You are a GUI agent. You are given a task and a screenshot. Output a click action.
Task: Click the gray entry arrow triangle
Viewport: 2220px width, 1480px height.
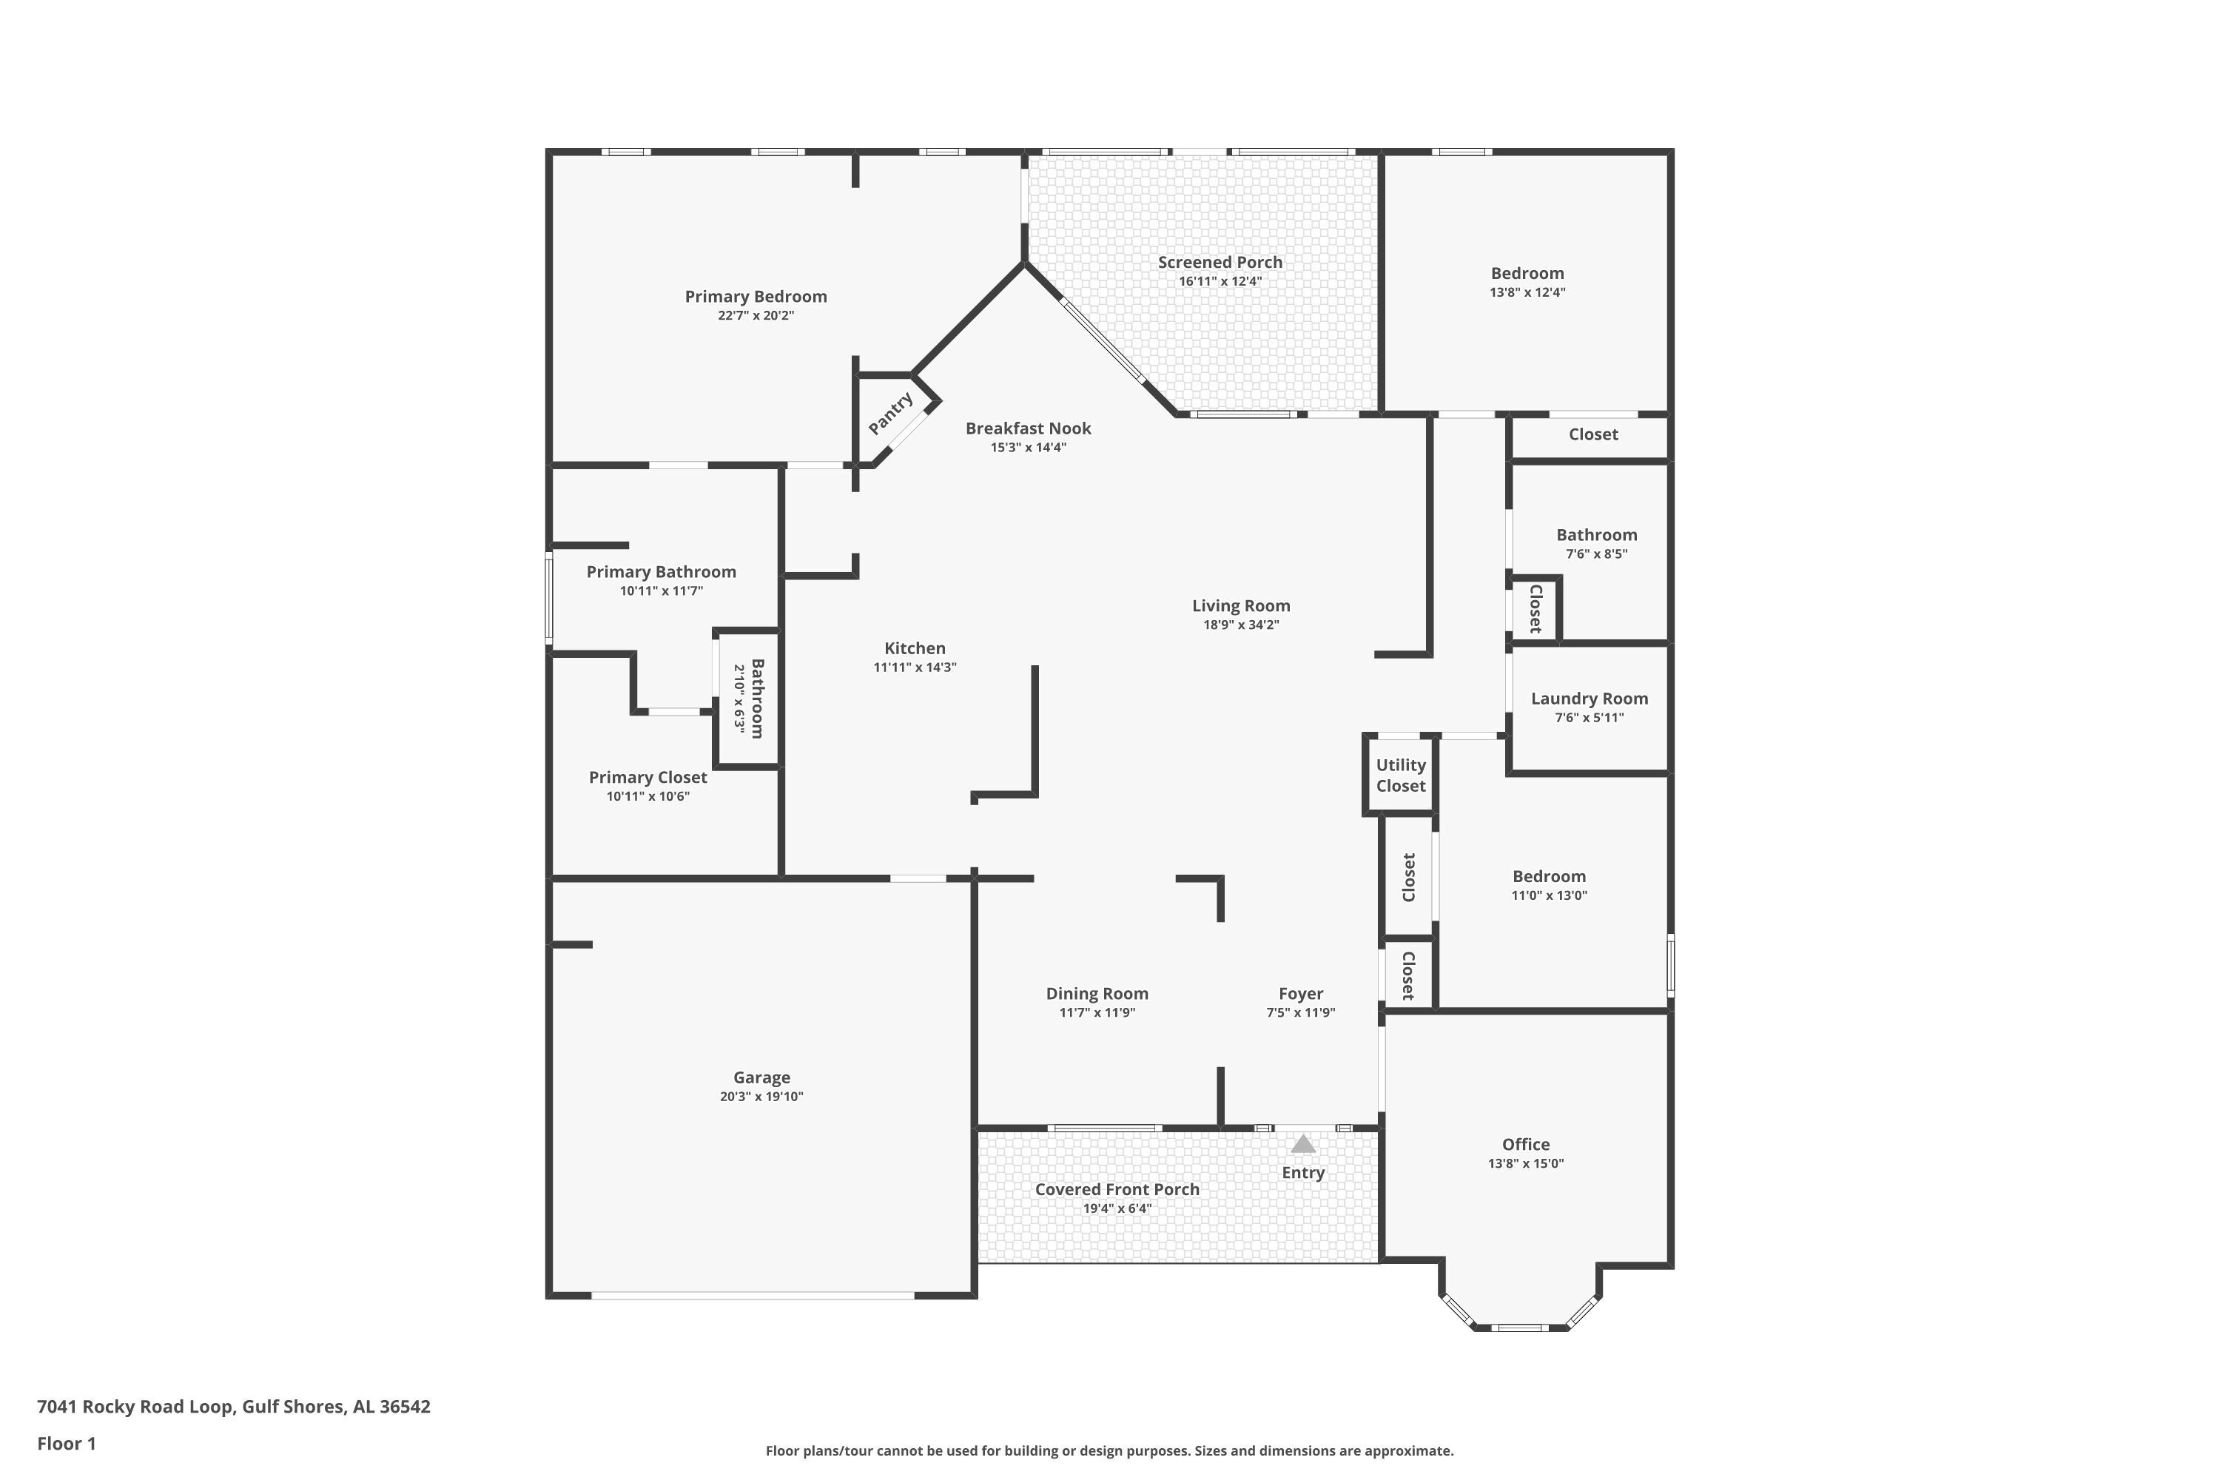click(1303, 1144)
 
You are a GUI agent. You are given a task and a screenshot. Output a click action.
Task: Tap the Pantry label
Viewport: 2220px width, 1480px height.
click(891, 414)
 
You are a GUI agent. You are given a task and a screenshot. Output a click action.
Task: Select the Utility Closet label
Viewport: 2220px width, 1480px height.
click(1401, 775)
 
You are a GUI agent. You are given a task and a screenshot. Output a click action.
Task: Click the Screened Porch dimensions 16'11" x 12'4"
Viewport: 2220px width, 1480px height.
click(1220, 281)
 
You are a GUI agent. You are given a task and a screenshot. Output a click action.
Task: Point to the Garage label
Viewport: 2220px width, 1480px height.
click(761, 1077)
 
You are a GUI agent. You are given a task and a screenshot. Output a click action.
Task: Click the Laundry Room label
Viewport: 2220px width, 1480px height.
click(1590, 699)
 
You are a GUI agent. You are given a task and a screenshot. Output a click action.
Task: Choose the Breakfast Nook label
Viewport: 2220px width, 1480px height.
click(1028, 428)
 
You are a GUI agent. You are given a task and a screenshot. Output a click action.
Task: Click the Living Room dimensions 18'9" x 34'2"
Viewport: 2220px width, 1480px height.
click(1241, 625)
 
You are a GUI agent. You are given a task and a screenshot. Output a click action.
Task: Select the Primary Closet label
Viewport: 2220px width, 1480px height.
click(647, 778)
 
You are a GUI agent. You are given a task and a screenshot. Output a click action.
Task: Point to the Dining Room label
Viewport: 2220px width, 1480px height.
click(1097, 993)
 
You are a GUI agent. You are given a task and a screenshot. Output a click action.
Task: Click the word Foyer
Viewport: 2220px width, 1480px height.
click(1301, 993)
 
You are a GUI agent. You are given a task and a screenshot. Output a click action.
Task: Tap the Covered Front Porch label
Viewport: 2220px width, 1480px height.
click(1117, 1189)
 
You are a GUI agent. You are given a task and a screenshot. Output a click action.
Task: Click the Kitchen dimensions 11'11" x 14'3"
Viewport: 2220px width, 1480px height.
click(915, 667)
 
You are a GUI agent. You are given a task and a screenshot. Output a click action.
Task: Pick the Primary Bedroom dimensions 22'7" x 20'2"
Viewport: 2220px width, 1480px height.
click(756, 315)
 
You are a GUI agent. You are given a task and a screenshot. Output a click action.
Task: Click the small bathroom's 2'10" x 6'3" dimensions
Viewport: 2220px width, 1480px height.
click(739, 699)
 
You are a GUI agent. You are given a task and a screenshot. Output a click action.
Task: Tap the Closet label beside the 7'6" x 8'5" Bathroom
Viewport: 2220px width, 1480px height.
click(1535, 609)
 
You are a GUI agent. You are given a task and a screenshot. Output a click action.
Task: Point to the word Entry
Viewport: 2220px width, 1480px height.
click(1303, 1172)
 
